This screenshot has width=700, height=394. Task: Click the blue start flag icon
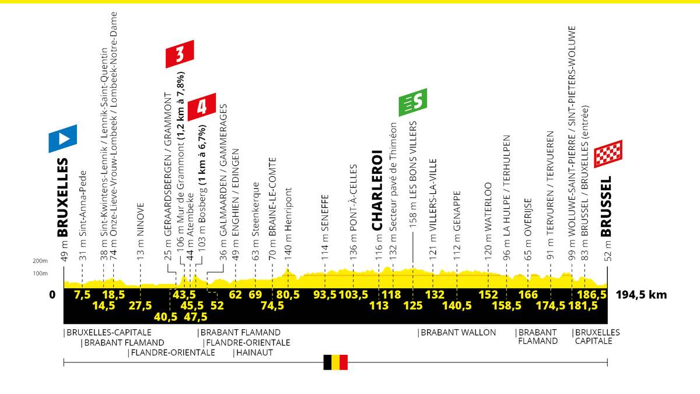pos(62,138)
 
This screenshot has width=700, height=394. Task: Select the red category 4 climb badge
pos(202,106)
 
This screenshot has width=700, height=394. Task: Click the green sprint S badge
pos(414,103)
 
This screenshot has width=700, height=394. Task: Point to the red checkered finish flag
pos(608,154)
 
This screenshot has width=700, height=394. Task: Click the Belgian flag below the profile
pos(335,362)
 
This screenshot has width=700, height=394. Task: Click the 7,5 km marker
pos(83,295)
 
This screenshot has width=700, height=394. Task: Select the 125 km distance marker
pos(412,305)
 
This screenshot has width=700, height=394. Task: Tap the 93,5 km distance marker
pos(325,295)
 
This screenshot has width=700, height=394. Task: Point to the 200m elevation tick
pos(40,261)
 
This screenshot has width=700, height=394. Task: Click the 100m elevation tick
pos(40,273)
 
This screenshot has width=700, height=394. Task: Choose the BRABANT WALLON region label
pos(458,333)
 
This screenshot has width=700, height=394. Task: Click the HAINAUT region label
pos(253,353)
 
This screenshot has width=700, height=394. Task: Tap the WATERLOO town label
pos(489,207)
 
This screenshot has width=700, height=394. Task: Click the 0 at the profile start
pos(52,295)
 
